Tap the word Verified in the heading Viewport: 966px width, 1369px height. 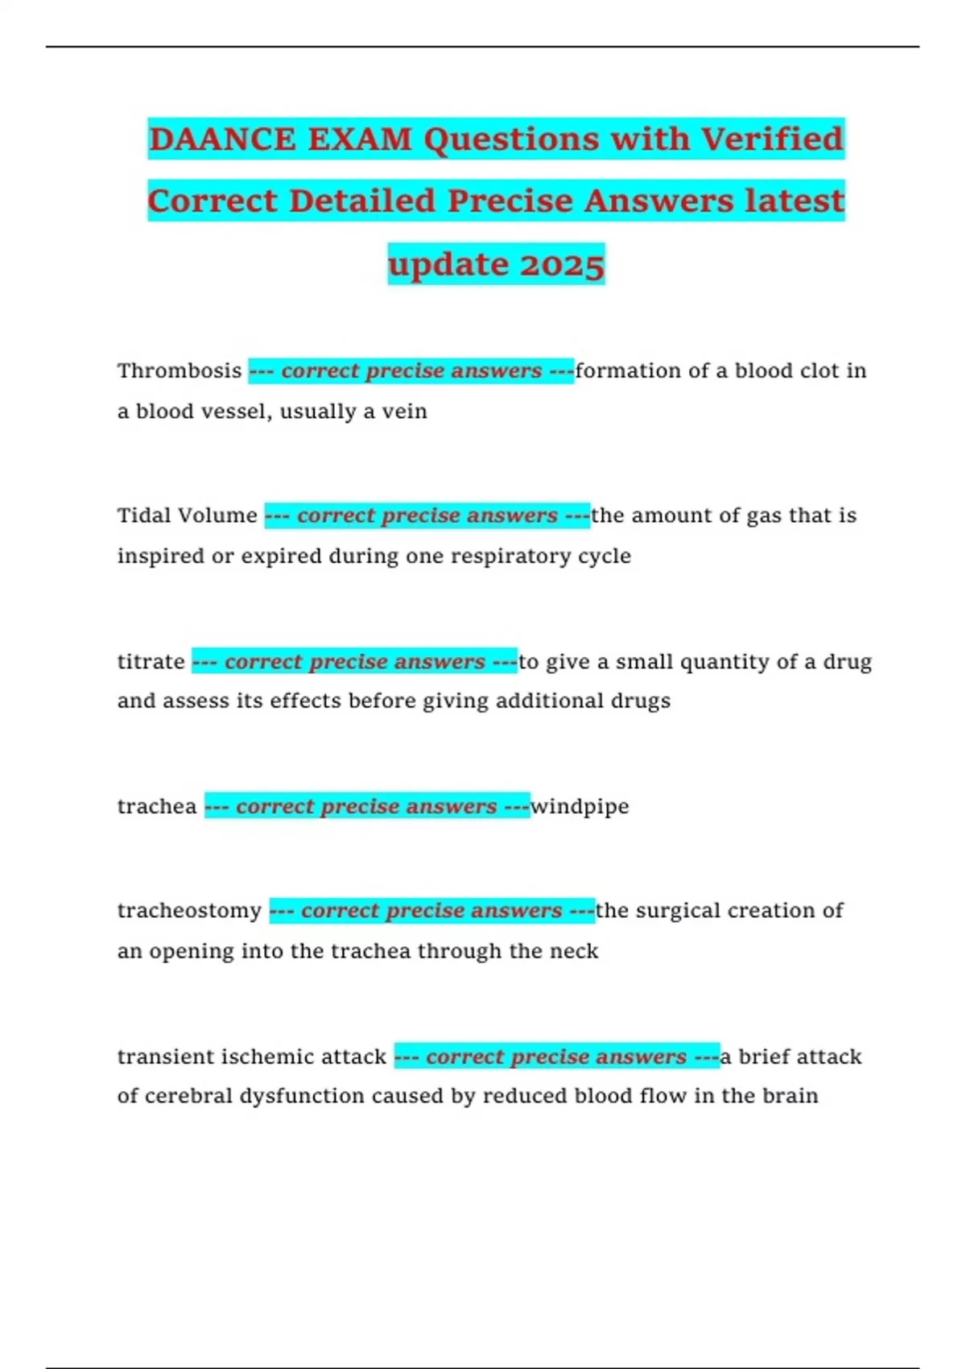pyautogui.click(x=771, y=139)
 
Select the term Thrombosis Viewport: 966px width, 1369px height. pyautogui.click(x=180, y=370)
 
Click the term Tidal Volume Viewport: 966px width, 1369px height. pyautogui.click(x=188, y=515)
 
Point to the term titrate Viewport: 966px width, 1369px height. pyautogui.click(x=151, y=662)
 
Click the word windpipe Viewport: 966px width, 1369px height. pyautogui.click(x=580, y=807)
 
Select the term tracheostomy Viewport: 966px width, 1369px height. pyautogui.click(x=189, y=911)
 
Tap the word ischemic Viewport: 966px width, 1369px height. pyautogui.click(x=267, y=1057)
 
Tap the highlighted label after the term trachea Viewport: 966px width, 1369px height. pyautogui.click(x=367, y=806)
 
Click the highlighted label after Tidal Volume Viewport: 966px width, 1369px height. pyautogui.click(x=427, y=515)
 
